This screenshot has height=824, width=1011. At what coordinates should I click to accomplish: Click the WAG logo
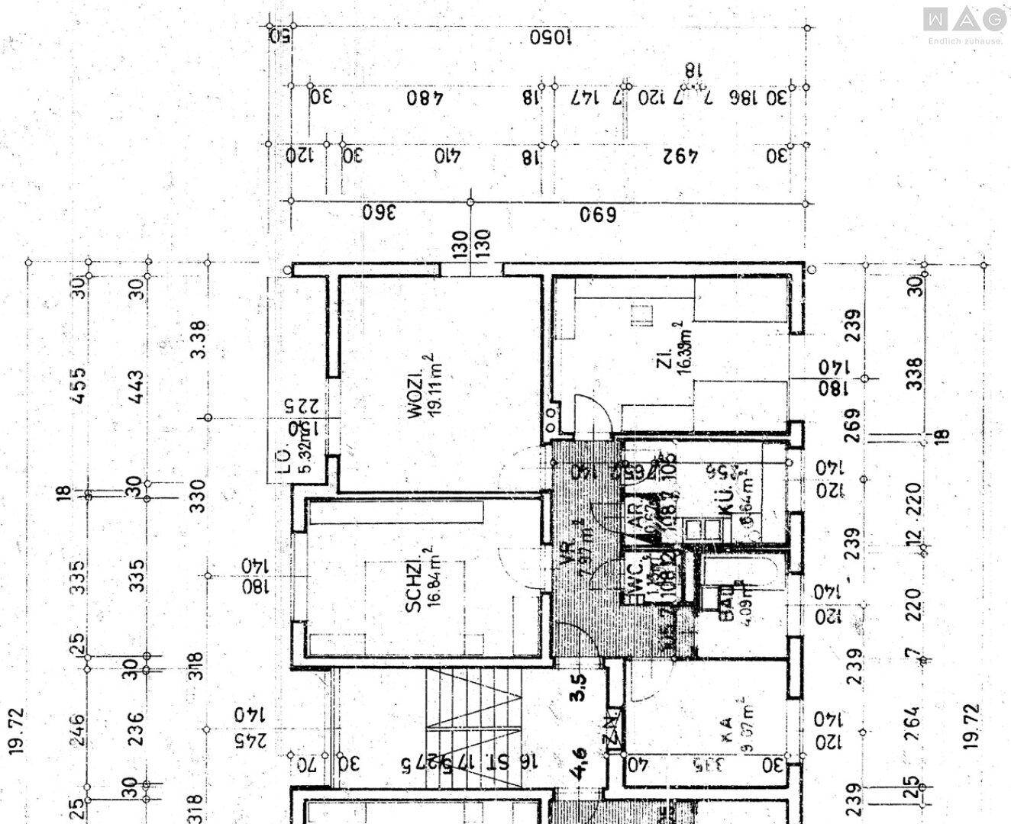(964, 19)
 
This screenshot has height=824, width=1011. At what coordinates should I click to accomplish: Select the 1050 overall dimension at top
(550, 38)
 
